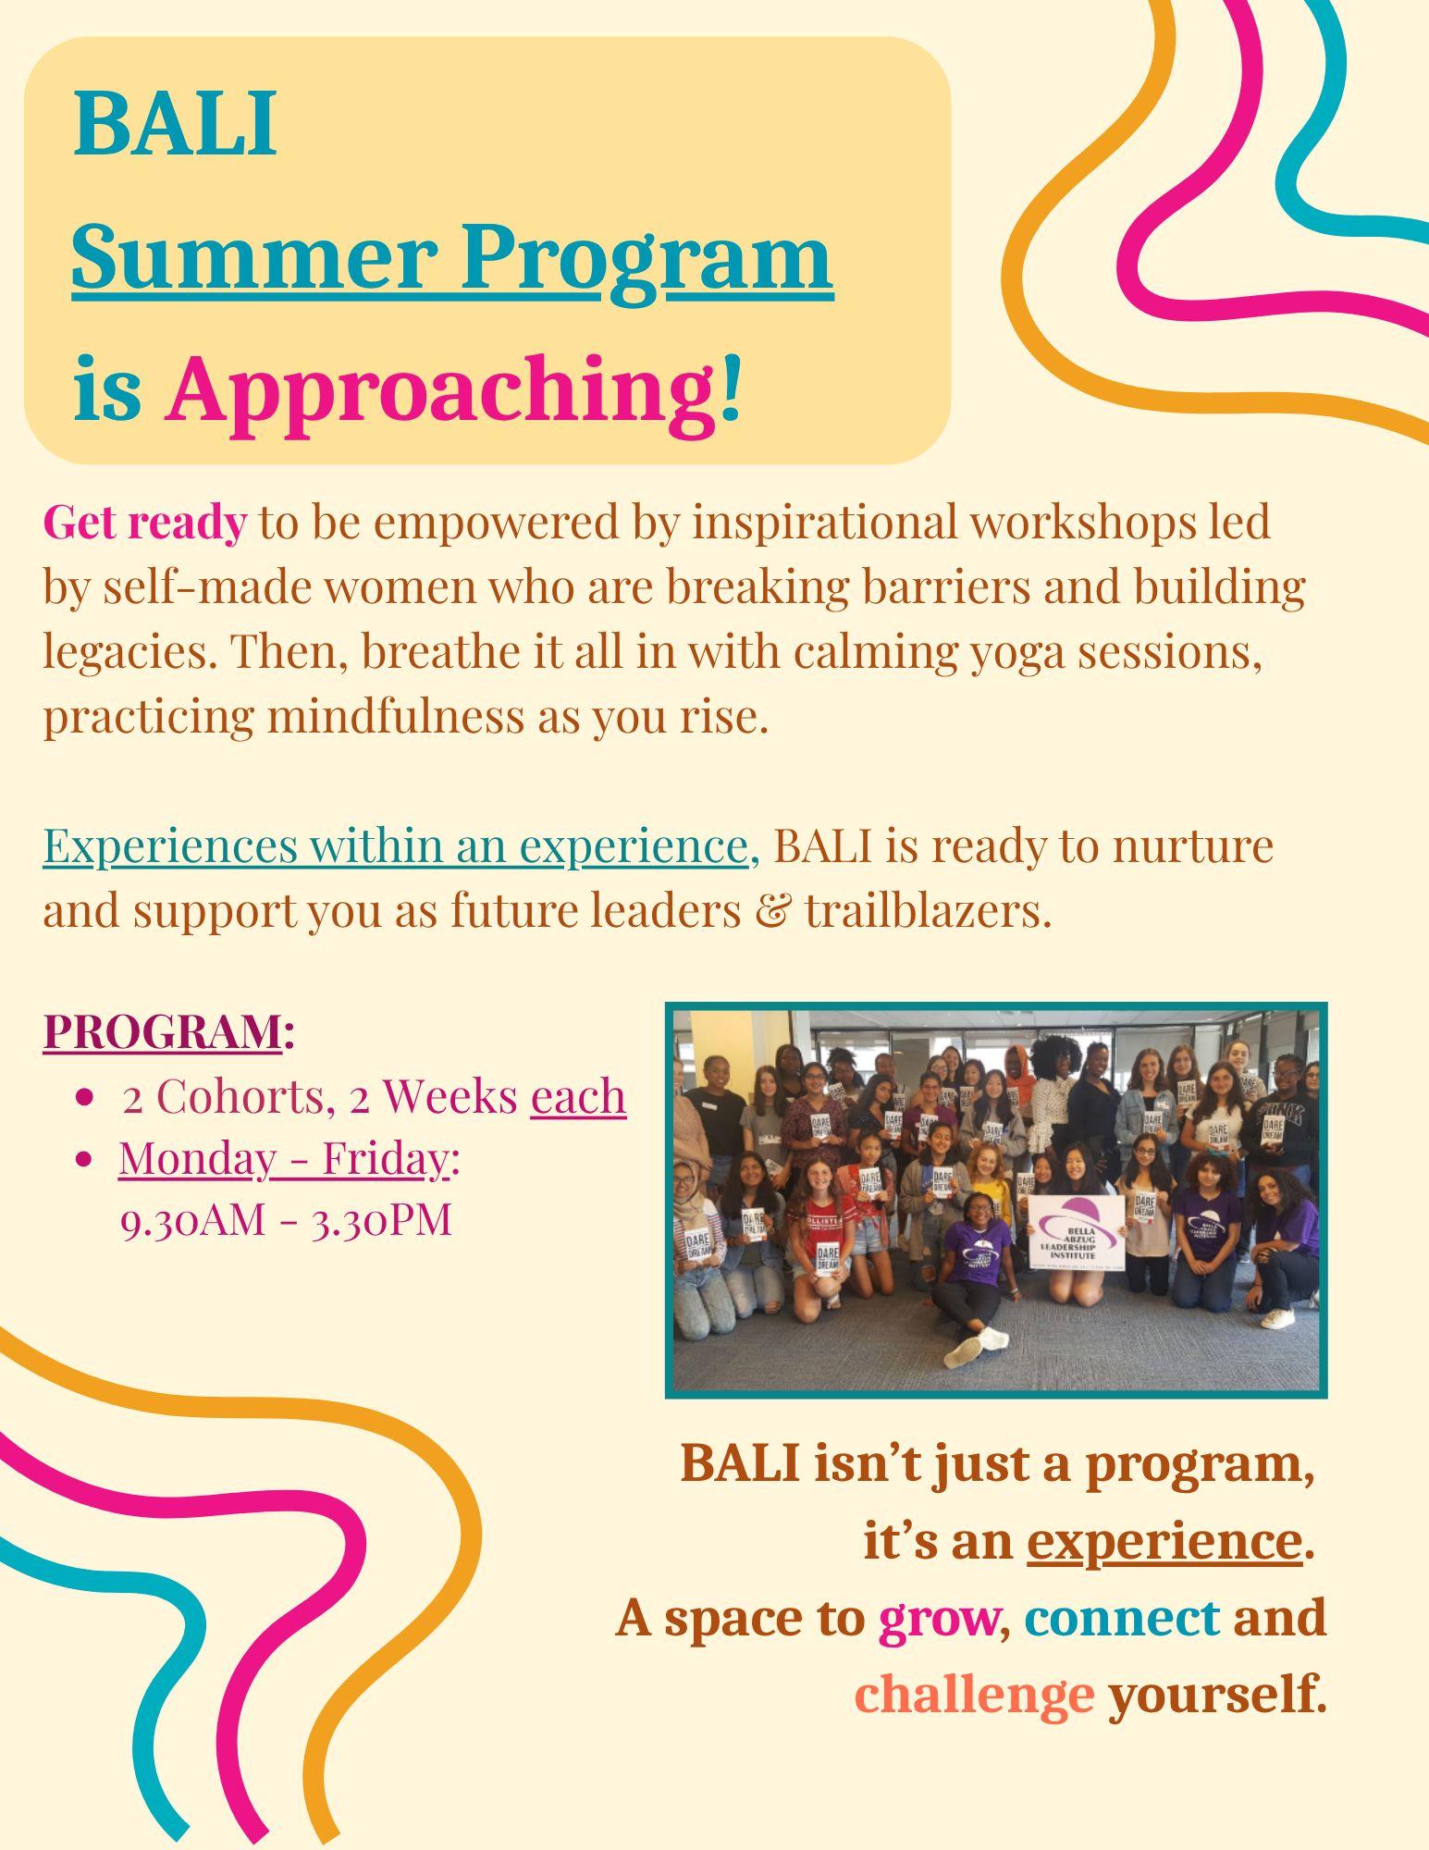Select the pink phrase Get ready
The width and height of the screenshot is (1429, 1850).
click(144, 524)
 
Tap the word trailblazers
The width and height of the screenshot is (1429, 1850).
click(929, 912)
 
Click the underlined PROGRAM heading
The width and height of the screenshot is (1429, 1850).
click(162, 1031)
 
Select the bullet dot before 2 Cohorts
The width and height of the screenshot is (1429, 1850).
click(86, 1098)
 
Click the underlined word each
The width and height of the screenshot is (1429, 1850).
click(579, 1096)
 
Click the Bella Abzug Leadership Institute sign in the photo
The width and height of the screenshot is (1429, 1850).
click(1075, 1239)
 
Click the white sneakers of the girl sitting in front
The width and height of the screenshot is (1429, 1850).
click(974, 1345)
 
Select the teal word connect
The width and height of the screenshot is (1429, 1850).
click(1121, 1618)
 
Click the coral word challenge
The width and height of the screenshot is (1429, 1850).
click(974, 1695)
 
